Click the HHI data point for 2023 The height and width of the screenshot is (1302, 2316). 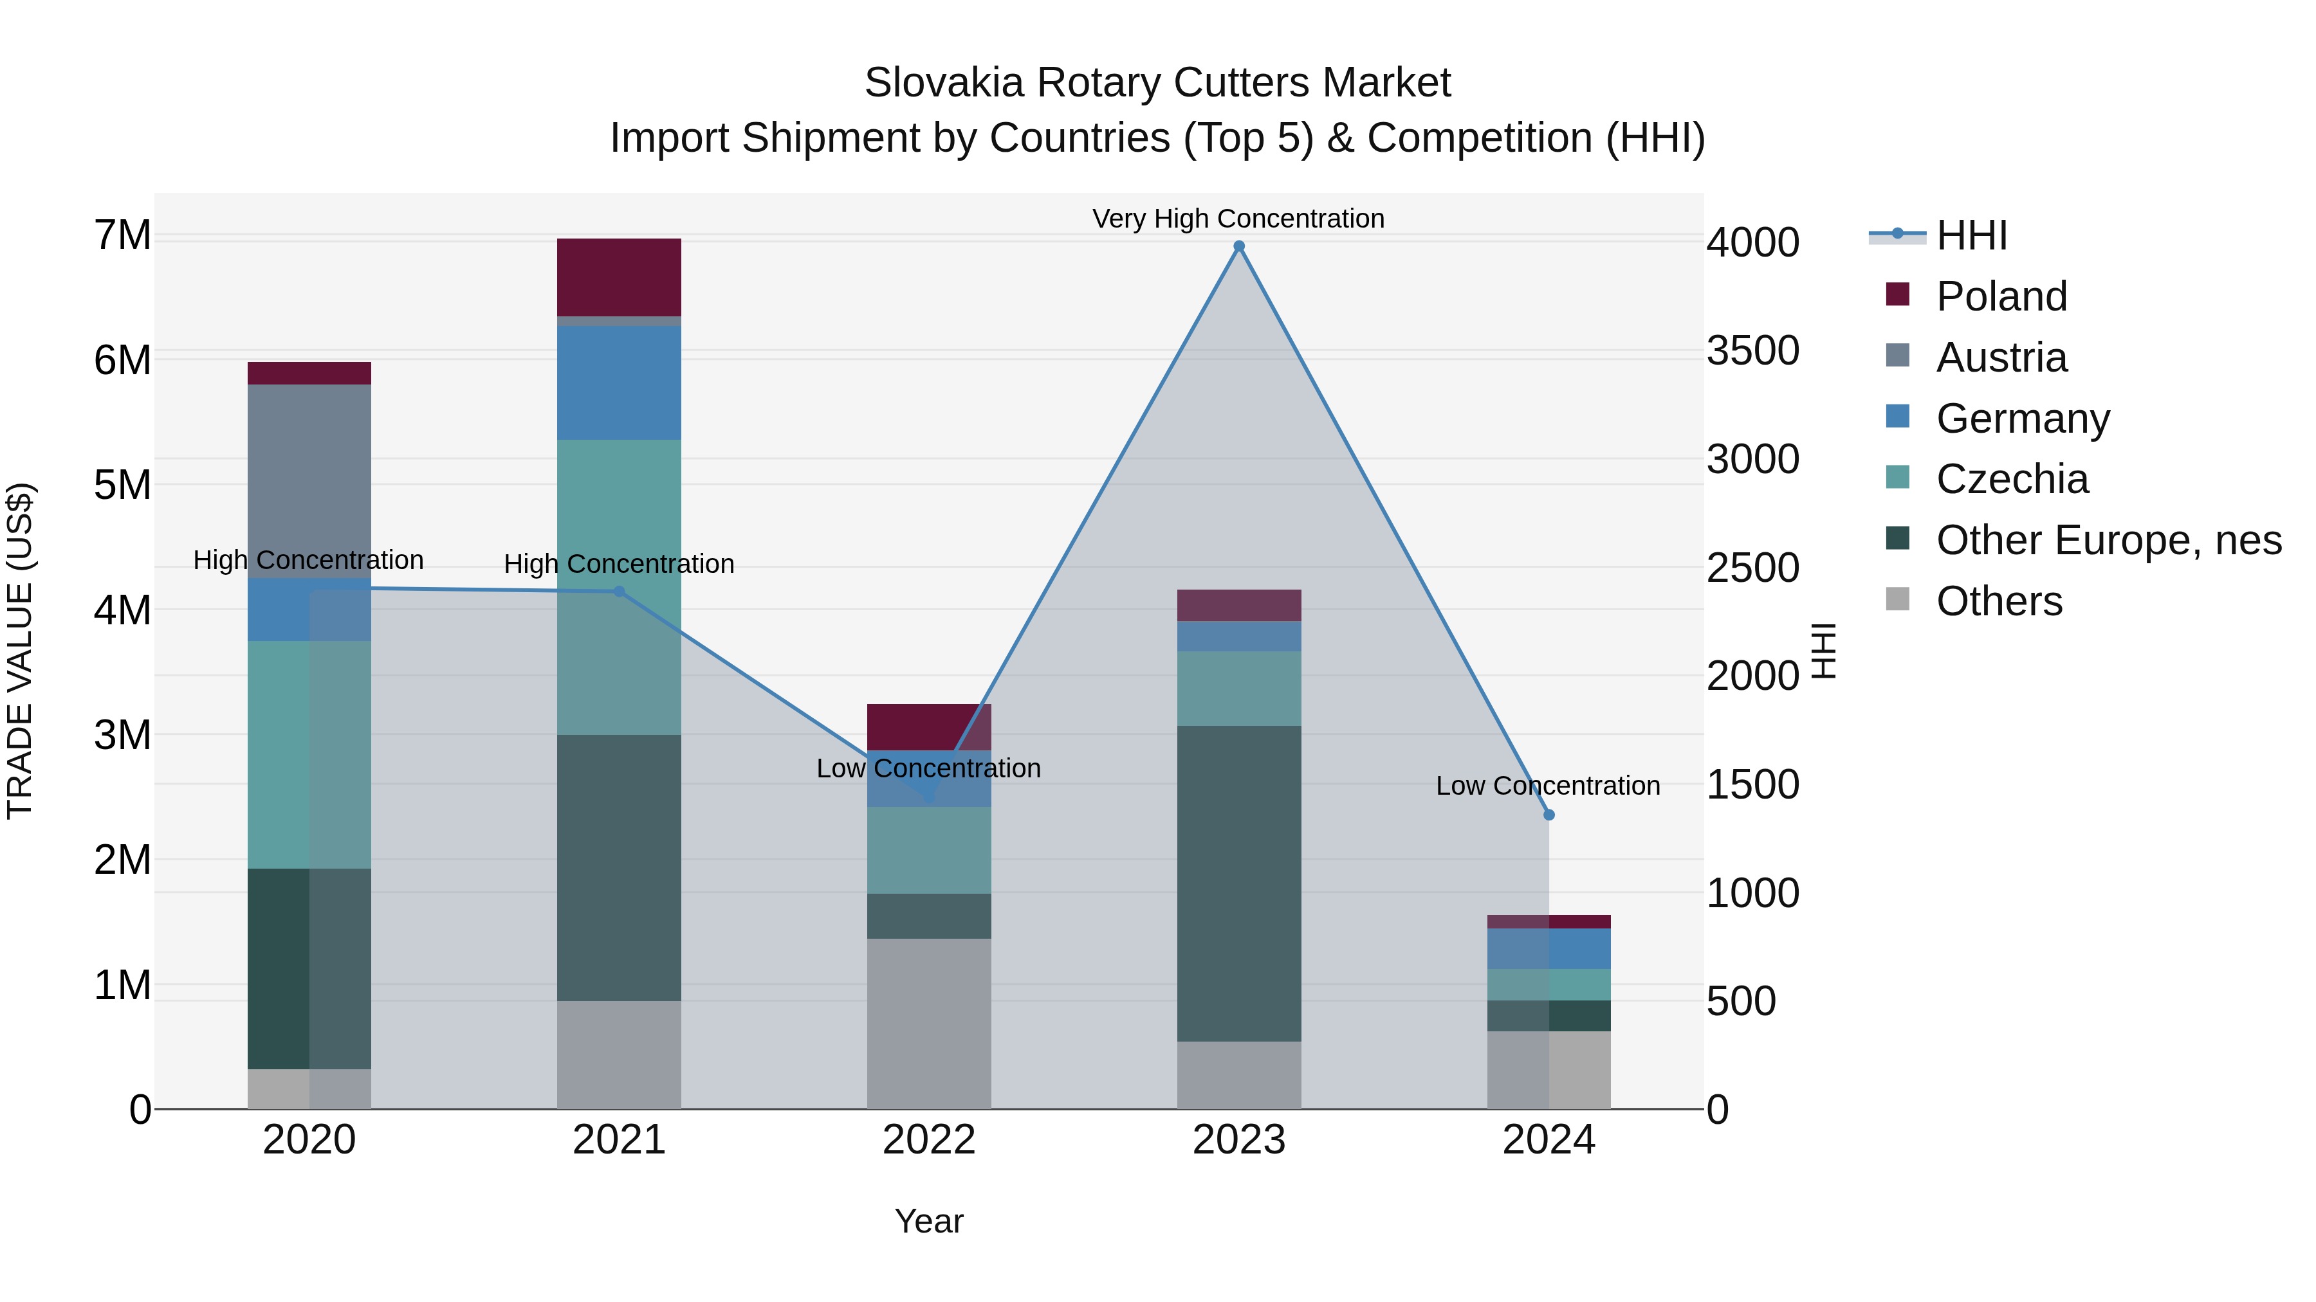click(x=1239, y=246)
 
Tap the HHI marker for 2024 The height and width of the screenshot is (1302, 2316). click(x=1549, y=815)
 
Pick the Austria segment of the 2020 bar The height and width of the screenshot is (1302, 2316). click(x=309, y=481)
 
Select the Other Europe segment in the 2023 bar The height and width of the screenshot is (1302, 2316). click(x=1239, y=883)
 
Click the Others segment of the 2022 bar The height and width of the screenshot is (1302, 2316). click(x=929, y=1024)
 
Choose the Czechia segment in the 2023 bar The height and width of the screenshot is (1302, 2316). click(x=1239, y=688)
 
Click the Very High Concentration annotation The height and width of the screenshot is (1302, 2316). click(x=1238, y=219)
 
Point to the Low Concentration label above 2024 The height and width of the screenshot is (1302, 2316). click(x=1547, y=785)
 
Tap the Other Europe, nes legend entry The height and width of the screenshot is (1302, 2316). click(x=2108, y=540)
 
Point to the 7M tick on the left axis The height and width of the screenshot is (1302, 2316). click(x=122, y=235)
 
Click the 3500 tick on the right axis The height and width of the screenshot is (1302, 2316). click(x=1752, y=350)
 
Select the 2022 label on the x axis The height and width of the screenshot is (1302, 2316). click(x=929, y=1140)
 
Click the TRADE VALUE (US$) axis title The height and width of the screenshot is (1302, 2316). click(x=20, y=651)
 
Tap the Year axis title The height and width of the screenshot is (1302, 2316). click(x=929, y=1221)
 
